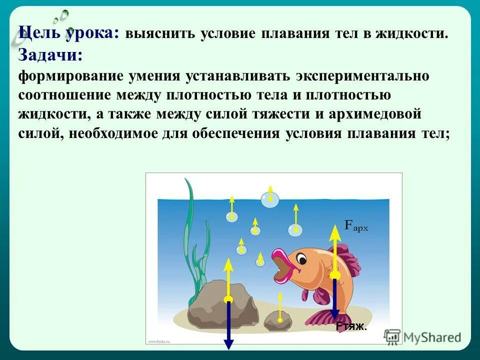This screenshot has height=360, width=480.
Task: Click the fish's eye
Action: point(301,258)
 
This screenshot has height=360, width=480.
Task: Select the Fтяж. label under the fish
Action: point(351,327)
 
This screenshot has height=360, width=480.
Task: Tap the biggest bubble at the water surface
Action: point(270,200)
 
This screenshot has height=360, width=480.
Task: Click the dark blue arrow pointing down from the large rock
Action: point(228,325)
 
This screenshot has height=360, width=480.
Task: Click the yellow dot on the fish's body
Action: point(335,274)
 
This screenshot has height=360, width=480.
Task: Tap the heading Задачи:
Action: point(50,54)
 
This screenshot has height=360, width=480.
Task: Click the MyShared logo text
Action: point(432,337)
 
